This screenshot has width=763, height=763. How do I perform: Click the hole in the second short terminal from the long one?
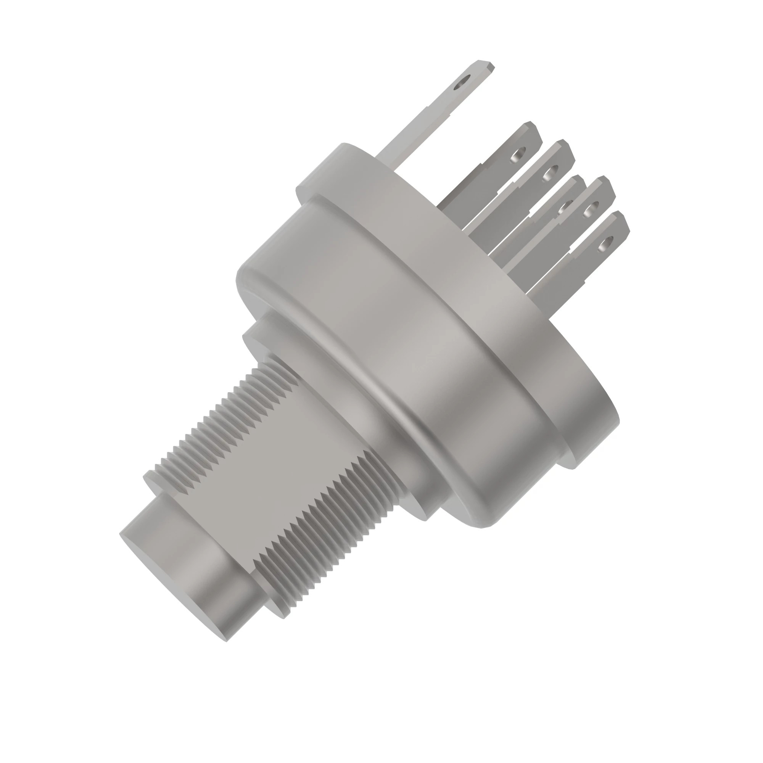point(549,172)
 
